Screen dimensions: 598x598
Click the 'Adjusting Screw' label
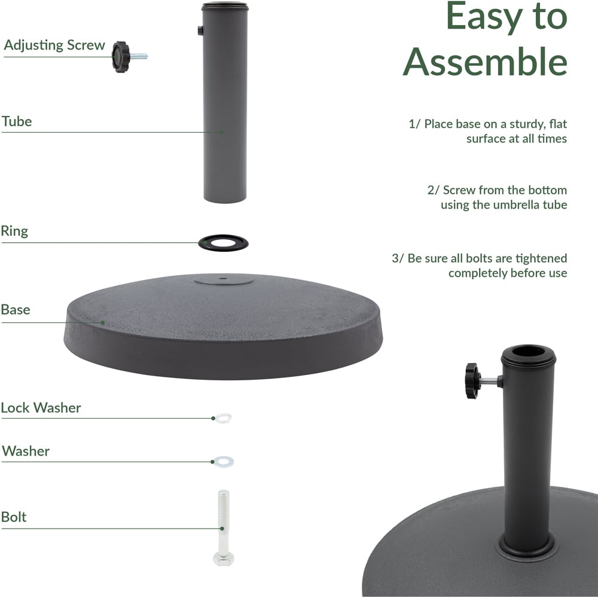pos(54,45)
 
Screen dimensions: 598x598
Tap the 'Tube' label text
pos(17,121)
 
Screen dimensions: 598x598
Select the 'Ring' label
pos(14,231)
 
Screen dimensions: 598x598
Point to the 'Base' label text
pos(16,310)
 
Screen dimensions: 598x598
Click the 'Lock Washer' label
pos(41,408)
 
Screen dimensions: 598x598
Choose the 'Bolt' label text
pos(14,517)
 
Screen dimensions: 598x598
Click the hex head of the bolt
pos(224,559)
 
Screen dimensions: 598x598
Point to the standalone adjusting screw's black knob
pos(121,57)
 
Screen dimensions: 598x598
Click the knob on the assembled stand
pos(472,381)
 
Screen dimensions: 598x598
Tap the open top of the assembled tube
pos(528,351)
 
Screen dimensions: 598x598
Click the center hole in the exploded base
pos(223,279)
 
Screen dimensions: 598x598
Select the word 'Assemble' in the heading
pos(485,62)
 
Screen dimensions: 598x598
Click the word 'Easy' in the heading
pos(484,16)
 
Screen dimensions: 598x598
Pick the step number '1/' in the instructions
pos(414,124)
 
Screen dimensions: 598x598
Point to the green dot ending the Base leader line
pos(103,323)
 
